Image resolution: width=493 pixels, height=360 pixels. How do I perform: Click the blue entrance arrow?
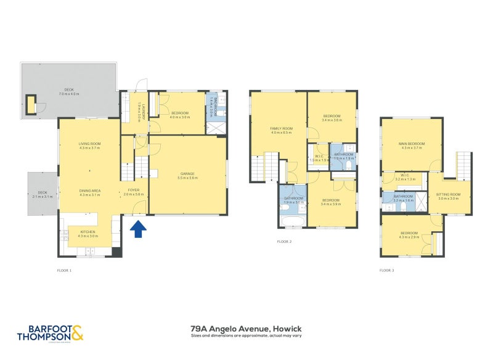pos(139,229)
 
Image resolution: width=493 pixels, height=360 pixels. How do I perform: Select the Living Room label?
pos(89,145)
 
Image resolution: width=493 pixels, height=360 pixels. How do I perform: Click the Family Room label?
pos(280,130)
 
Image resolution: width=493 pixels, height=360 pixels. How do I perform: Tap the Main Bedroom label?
pos(410,145)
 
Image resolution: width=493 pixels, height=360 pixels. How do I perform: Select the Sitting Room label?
pos(449,196)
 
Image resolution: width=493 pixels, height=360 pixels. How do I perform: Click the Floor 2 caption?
pos(284,242)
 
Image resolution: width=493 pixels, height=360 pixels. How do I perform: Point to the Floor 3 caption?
pos(386,270)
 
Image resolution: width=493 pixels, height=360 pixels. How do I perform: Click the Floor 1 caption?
pos(64,270)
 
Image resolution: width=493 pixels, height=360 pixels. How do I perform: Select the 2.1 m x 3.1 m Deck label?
pos(43,194)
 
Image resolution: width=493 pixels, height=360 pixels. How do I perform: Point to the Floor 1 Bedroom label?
pos(180,115)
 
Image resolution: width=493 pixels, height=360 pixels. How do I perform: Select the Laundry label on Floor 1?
pos(141,112)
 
